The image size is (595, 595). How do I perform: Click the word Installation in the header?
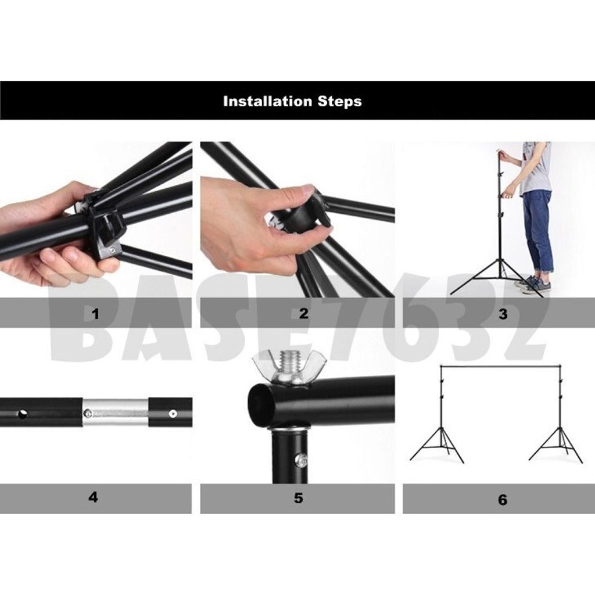[268, 101]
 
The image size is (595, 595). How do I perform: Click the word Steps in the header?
[339, 102]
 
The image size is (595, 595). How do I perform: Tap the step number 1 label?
[96, 314]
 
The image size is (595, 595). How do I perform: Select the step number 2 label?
[303, 313]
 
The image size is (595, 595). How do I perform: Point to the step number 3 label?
[503, 314]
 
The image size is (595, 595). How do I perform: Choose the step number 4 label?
[94, 497]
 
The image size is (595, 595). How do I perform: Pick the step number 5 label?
[298, 497]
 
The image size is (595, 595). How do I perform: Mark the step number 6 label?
[503, 500]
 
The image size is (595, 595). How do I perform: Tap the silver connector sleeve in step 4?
[115, 412]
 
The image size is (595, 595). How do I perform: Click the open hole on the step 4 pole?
[23, 414]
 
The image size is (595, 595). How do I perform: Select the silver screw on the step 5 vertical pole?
[302, 460]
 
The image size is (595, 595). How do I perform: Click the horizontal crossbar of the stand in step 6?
[500, 367]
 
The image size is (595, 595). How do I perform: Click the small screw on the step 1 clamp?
[112, 250]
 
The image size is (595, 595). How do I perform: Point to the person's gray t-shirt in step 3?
[535, 169]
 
